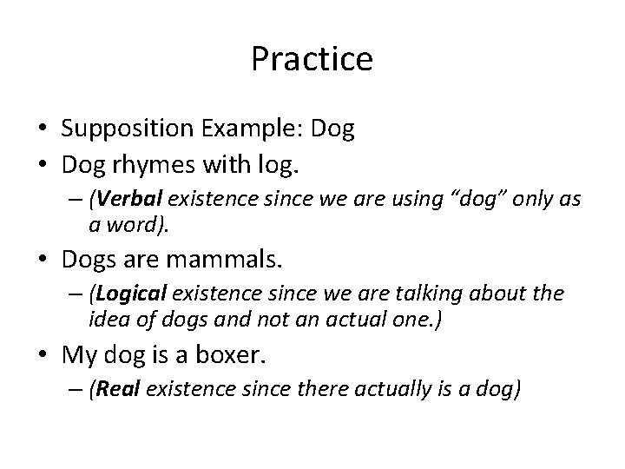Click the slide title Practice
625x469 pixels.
tap(312, 59)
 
